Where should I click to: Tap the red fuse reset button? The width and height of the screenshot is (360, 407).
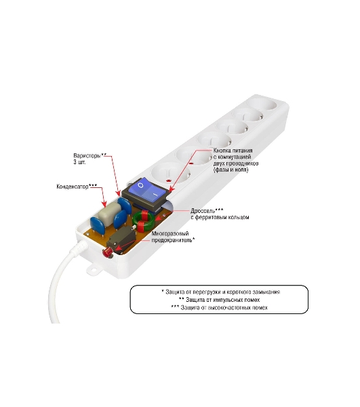[x=107, y=252]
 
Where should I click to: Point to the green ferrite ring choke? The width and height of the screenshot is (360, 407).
[x=144, y=220]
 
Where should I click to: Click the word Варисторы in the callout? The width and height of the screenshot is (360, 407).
[x=87, y=156]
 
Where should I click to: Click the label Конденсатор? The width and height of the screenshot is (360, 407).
[x=73, y=187]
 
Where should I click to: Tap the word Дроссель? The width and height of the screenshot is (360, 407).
[x=203, y=211]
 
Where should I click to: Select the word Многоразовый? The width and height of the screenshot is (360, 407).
[x=170, y=233]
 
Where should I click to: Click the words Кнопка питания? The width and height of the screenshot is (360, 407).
[x=233, y=151]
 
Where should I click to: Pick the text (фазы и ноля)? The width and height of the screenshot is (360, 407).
[x=231, y=170]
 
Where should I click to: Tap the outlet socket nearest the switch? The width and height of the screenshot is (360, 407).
[x=171, y=173]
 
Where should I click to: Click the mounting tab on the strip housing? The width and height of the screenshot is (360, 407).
[x=94, y=269]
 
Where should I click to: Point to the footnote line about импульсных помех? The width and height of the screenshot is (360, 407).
[x=219, y=300]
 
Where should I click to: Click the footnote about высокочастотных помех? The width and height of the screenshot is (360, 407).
[x=219, y=307]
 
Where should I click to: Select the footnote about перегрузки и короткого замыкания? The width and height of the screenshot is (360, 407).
[x=220, y=292]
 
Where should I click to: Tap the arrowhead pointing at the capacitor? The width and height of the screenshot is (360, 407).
[x=104, y=204]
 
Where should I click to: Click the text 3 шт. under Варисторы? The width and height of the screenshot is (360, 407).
[x=79, y=162]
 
